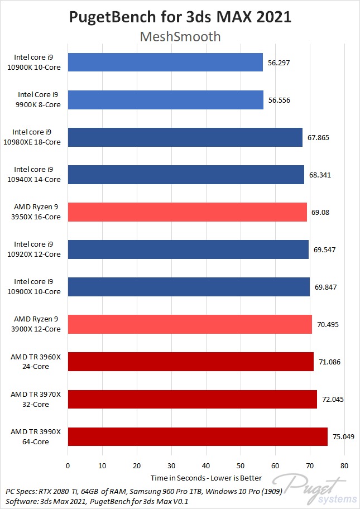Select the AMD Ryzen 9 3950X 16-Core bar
(187, 212)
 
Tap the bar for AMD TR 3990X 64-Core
(198, 436)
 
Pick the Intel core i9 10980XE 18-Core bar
(185, 137)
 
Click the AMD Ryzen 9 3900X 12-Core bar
(190, 324)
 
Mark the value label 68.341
(323, 175)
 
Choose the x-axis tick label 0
(68, 465)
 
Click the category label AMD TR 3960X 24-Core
(36, 362)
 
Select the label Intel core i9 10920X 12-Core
(36, 249)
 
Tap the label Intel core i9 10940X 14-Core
(36, 175)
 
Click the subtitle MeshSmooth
(180, 37)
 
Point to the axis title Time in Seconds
(176, 478)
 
